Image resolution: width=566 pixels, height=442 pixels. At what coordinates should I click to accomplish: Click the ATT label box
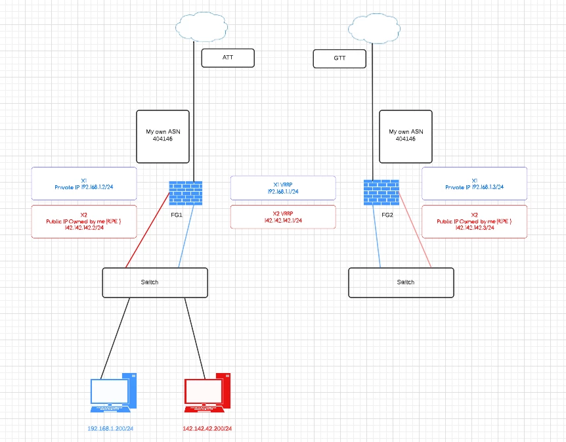(x=228, y=58)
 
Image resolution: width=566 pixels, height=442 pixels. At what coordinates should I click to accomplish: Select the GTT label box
(x=339, y=58)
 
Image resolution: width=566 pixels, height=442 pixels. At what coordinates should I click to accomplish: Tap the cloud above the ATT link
(x=202, y=27)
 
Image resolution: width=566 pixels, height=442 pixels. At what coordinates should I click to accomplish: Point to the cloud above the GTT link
(x=374, y=28)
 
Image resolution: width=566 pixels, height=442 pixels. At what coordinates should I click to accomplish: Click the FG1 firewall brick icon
(x=186, y=193)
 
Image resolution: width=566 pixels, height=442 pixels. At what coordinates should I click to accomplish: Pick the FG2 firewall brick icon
(x=381, y=192)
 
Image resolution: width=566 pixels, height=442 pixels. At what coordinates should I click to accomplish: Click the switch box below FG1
(x=155, y=283)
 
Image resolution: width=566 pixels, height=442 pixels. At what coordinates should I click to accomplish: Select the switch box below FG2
(x=401, y=283)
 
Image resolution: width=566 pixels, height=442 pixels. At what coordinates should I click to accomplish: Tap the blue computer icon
(x=114, y=393)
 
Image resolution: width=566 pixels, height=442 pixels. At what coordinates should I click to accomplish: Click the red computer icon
(x=207, y=393)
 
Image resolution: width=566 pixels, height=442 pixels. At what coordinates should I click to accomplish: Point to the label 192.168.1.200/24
(x=110, y=429)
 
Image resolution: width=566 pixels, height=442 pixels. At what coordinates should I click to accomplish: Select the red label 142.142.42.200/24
(x=207, y=429)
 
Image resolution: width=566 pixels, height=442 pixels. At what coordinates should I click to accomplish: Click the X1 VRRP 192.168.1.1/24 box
(x=283, y=188)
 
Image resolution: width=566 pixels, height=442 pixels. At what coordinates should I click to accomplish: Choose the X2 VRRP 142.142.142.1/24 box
(x=283, y=217)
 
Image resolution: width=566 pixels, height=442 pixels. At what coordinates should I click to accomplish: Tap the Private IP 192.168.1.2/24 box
(x=84, y=183)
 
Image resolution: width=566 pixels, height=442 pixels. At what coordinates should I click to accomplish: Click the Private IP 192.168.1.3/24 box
(x=474, y=183)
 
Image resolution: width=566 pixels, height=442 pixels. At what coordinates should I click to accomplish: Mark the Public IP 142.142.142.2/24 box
(x=84, y=222)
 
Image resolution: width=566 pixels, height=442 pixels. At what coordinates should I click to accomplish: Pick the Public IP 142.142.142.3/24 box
(x=474, y=222)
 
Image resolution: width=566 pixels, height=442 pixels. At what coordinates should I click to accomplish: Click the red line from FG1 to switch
(x=147, y=231)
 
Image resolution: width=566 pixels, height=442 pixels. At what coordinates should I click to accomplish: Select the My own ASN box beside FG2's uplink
(x=406, y=137)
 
